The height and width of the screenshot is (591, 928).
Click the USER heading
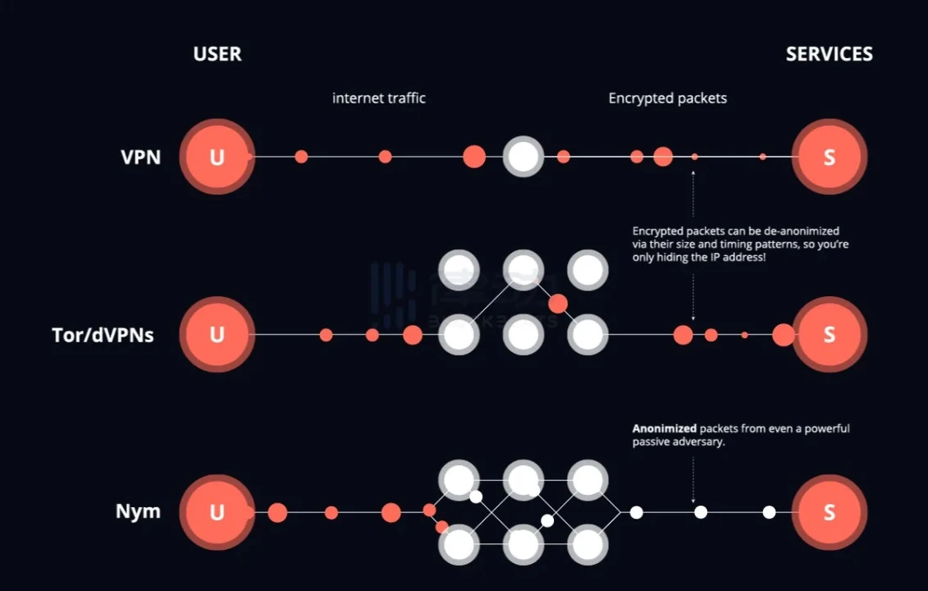click(217, 54)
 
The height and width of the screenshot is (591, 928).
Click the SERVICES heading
click(829, 54)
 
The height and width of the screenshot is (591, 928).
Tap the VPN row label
click(141, 157)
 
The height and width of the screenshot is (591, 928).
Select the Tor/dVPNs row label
click(103, 335)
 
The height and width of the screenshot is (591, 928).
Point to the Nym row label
click(138, 512)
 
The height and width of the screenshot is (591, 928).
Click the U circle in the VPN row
click(217, 157)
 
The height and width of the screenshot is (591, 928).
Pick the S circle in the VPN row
click(829, 157)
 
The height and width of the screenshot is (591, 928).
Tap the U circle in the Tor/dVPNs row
click(217, 335)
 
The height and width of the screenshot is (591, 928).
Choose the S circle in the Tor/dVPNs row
click(829, 335)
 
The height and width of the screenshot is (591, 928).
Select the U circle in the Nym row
click(217, 512)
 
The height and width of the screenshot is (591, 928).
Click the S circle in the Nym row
click(829, 512)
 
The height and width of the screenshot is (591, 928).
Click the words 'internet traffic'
click(379, 98)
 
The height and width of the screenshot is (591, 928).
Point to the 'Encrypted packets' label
click(667, 98)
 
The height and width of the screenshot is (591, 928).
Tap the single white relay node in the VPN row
click(523, 157)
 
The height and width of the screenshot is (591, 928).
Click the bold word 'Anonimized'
click(664, 428)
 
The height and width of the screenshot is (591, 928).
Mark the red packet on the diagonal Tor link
click(558, 305)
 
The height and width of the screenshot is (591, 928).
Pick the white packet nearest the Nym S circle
click(769, 512)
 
